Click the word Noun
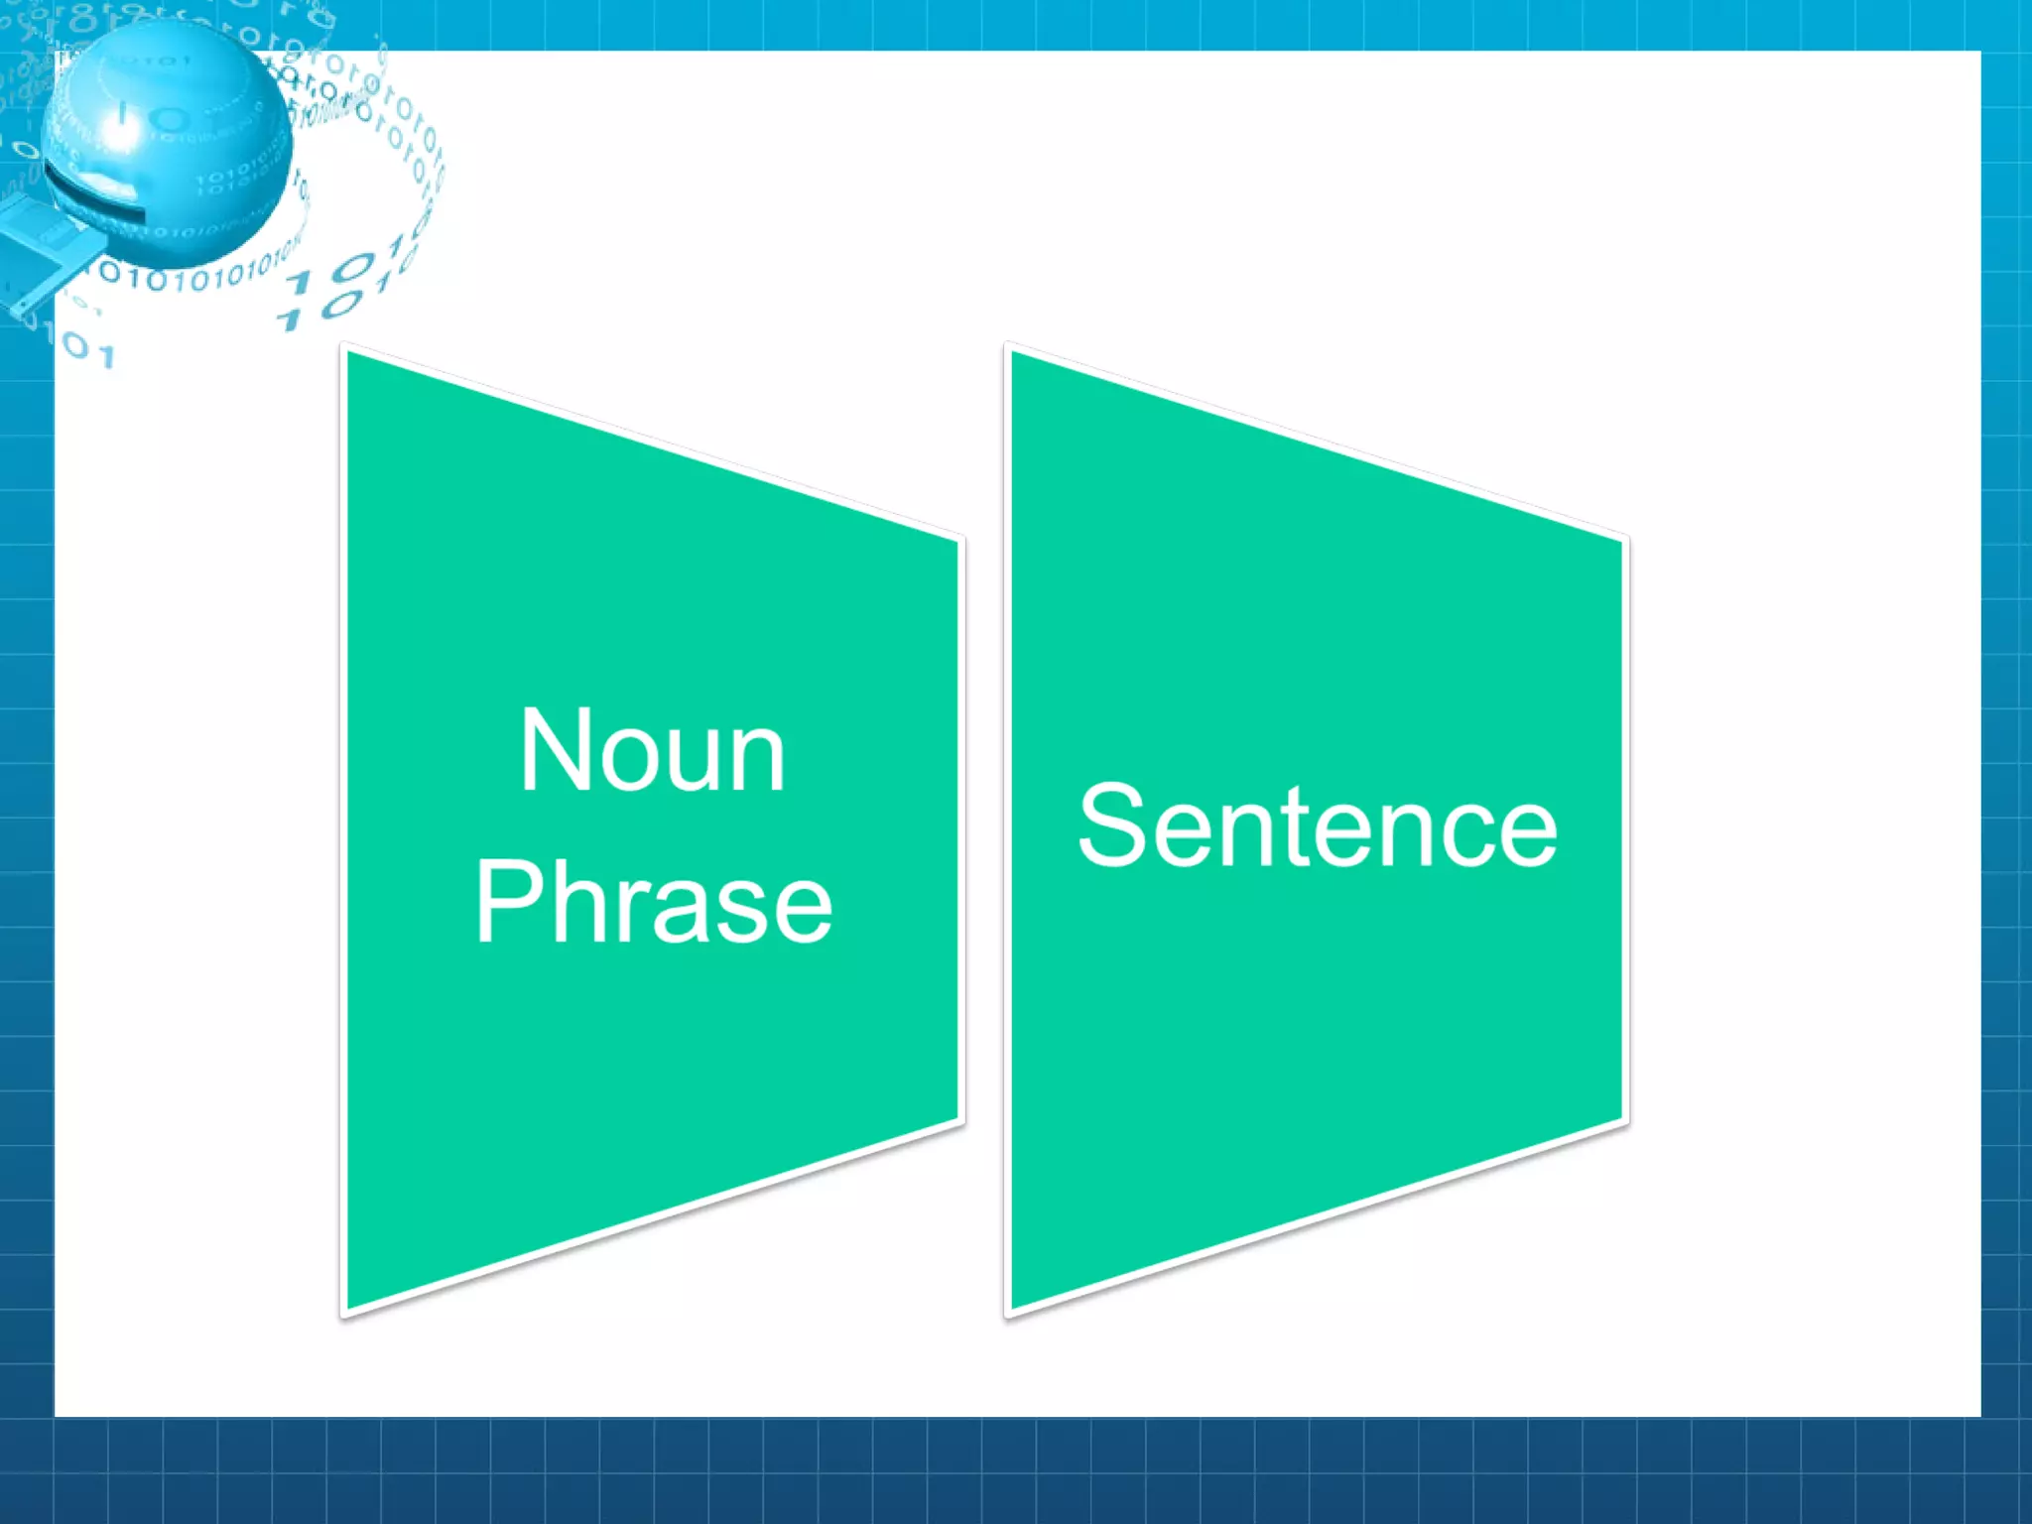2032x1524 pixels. [652, 752]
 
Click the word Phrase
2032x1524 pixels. [653, 902]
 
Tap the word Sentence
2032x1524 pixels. [1317, 825]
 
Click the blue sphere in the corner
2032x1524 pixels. [169, 144]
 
